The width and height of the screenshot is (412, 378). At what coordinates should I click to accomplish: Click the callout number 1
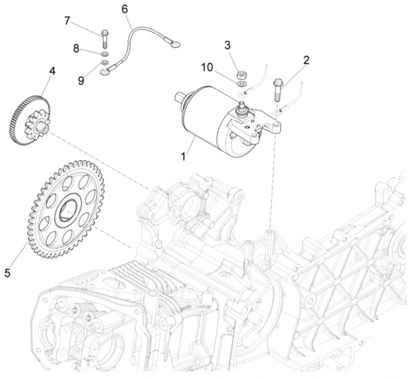tap(183, 157)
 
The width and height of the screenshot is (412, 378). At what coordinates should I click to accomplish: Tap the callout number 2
tap(306, 60)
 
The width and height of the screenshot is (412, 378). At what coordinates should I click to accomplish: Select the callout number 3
tap(227, 45)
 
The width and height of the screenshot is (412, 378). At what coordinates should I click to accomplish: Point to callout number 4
tap(51, 70)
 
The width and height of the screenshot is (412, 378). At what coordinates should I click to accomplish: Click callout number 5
tap(8, 273)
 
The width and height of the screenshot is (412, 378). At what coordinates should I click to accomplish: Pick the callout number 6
tap(125, 9)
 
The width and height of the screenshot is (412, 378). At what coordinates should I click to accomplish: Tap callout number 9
tap(81, 80)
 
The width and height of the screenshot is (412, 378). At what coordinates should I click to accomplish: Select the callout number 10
tap(207, 67)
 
